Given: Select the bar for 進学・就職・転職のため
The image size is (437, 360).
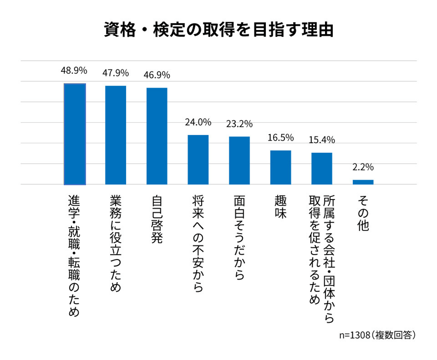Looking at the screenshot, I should [x=75, y=134].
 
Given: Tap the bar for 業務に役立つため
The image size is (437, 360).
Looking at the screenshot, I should [x=116, y=135].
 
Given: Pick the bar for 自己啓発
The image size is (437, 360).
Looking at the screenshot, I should [x=157, y=136].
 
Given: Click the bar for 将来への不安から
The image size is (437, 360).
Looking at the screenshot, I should [x=198, y=160].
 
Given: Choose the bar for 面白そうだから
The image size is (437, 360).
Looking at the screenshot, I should [x=239, y=160].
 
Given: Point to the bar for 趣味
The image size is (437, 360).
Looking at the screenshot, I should [x=281, y=167].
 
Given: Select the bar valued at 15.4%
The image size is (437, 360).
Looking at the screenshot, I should [x=322, y=169].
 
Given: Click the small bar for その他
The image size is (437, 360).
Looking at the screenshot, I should [x=363, y=182].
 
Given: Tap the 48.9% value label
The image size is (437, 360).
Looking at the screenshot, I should [x=74, y=70].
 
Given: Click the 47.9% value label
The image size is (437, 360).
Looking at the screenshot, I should [x=116, y=73].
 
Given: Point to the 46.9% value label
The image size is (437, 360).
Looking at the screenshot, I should [x=157, y=75].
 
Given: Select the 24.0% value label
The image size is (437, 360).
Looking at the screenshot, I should [x=198, y=122].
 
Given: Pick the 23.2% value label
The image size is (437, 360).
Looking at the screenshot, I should [x=239, y=124].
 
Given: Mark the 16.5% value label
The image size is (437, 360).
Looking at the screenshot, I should [x=281, y=138].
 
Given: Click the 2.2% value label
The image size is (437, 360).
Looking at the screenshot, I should [x=363, y=167].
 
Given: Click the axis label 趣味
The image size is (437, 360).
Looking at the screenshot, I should [x=281, y=207].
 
